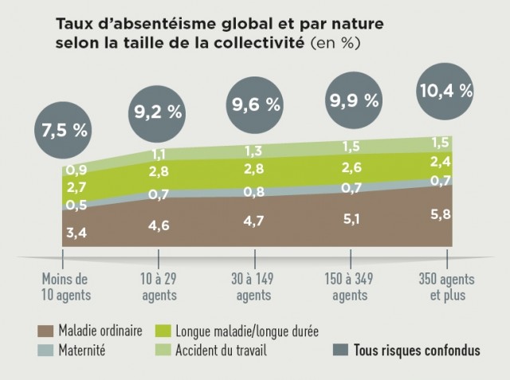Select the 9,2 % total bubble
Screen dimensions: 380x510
click(158, 112)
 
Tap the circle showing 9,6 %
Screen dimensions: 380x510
click(255, 104)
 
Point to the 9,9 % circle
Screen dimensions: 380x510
click(351, 100)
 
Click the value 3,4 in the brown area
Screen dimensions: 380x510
click(76, 233)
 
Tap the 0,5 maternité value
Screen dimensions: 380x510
click(76, 206)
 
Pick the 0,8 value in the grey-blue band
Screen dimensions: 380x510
click(255, 191)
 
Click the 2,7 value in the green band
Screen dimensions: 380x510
click(76, 188)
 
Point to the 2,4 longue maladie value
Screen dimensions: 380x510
click(440, 161)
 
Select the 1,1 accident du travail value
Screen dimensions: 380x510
click(159, 155)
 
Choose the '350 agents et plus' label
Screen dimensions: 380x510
click(447, 287)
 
